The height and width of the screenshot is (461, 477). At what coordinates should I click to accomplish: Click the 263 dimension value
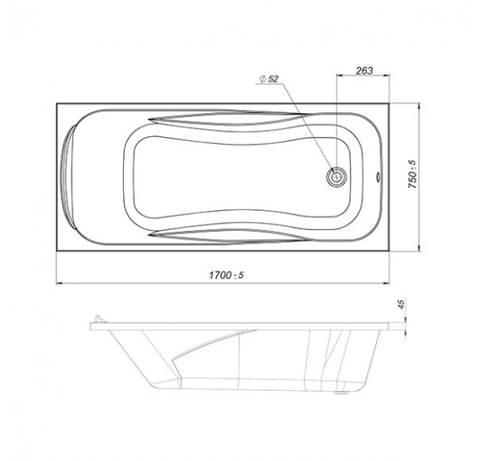(x=364, y=71)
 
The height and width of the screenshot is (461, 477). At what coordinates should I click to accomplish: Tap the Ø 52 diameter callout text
(x=269, y=79)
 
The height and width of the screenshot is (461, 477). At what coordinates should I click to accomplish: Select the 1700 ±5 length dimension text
(x=227, y=275)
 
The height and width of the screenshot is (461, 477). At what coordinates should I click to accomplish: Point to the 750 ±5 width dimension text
(x=413, y=174)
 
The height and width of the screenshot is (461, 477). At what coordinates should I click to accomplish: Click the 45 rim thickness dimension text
(x=401, y=304)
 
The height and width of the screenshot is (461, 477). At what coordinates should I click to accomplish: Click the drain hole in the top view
(x=336, y=177)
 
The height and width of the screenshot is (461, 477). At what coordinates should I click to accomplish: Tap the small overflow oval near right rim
(x=378, y=177)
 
